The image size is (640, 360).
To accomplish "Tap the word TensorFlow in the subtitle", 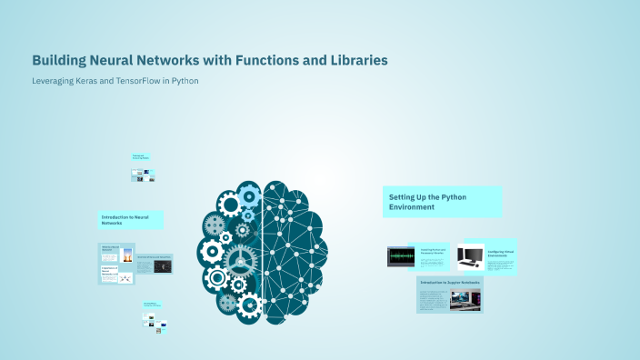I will [149, 81].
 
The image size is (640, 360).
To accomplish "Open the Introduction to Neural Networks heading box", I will [131, 219].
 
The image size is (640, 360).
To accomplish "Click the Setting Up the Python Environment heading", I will [442, 202].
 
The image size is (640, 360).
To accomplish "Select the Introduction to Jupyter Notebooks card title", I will [451, 282].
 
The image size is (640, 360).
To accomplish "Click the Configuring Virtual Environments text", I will [502, 254].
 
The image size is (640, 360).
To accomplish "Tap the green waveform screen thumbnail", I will [401, 257].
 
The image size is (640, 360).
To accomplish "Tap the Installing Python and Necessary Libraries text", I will [433, 252].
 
